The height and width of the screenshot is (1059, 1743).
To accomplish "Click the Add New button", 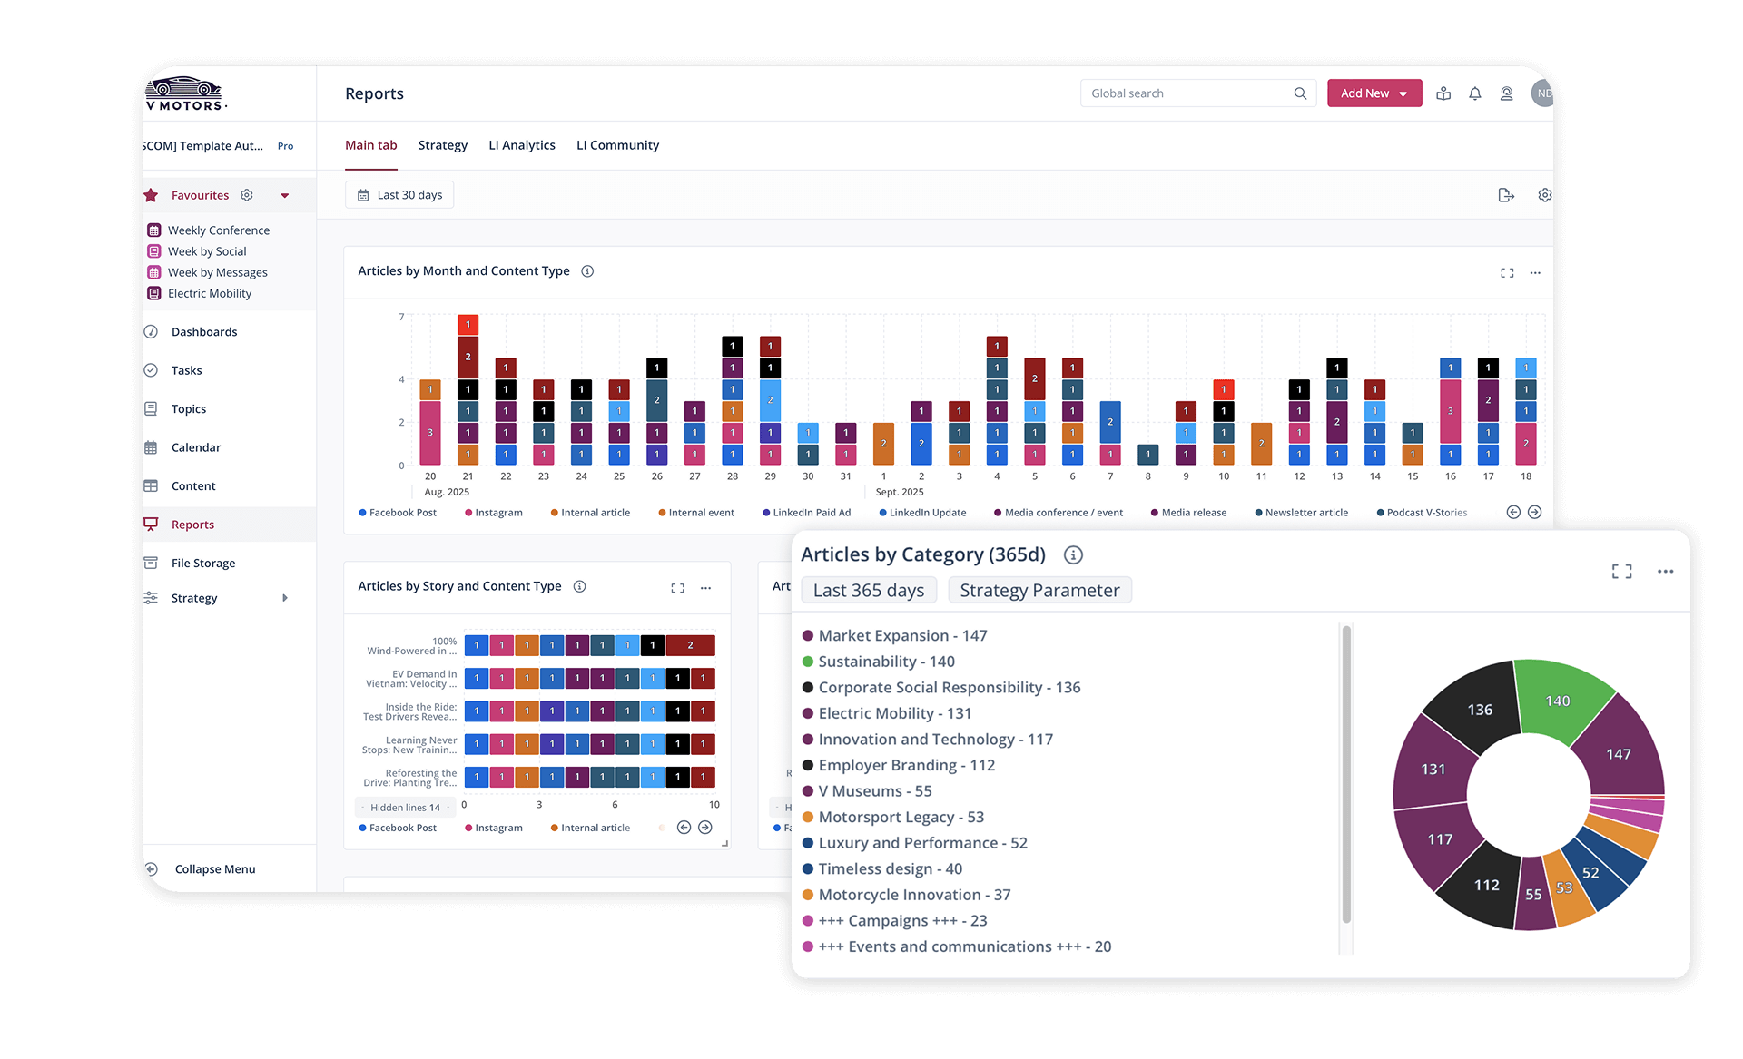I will [1374, 93].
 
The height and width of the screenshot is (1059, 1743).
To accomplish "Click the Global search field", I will [1189, 93].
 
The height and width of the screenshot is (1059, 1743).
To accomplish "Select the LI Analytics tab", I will [522, 145].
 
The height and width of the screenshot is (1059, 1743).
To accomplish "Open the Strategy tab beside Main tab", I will [443, 145].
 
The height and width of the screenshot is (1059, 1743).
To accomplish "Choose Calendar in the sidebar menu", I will [196, 447].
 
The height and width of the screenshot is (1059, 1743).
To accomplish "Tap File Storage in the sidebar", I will [203, 564].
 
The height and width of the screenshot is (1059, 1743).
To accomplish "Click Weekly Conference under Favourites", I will [219, 230].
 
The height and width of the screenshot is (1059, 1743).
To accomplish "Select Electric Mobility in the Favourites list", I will [210, 293].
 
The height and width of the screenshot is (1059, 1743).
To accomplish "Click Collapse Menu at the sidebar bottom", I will [215, 869].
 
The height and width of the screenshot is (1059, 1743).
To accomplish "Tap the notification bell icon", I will [1475, 93].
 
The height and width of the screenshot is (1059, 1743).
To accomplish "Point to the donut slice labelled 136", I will [1478, 710].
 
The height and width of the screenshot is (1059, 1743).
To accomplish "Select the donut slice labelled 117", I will [1439, 839].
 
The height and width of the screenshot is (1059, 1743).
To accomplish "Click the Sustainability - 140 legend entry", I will [886, 662].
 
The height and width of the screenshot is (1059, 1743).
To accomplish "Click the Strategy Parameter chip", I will [1039, 590].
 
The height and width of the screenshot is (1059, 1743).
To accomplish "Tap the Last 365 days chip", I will [869, 590].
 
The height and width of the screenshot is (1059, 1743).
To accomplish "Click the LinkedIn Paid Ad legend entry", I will [811, 513].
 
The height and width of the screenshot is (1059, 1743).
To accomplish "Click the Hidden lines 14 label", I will [405, 808].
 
